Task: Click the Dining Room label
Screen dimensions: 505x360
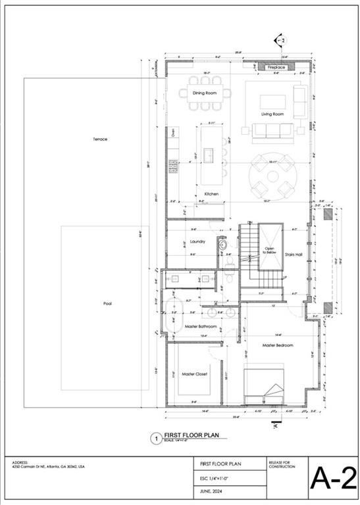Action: tap(205, 93)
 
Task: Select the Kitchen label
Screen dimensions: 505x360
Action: tap(211, 194)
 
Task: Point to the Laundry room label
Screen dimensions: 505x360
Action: tap(197, 241)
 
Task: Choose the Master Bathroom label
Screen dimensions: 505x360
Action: tap(200, 326)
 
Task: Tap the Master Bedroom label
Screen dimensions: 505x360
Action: tap(277, 345)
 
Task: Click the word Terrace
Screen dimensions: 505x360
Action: tap(100, 139)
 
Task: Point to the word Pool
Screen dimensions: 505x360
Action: tap(107, 304)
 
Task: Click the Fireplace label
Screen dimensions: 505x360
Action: tap(276, 67)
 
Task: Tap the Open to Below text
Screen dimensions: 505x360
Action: tap(269, 250)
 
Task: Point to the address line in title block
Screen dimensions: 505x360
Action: tap(48, 466)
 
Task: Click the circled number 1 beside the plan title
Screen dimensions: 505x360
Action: tap(156, 438)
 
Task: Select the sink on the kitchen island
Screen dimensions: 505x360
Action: tap(209, 155)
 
